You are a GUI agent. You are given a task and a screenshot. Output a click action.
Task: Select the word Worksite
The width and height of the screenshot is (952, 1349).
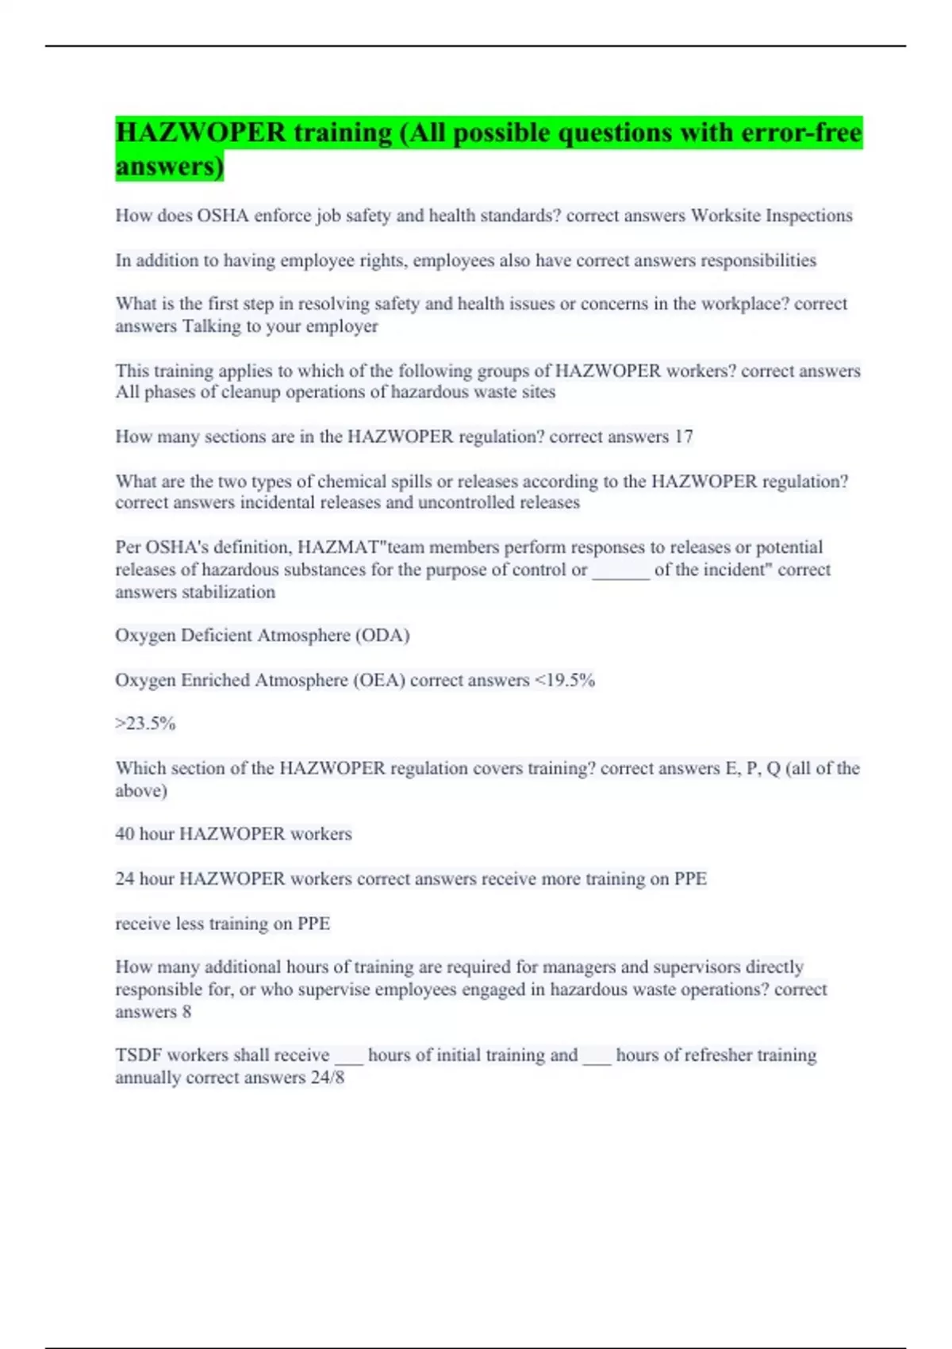pos(725,216)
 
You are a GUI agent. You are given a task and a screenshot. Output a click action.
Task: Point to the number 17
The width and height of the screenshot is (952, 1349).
pos(683,436)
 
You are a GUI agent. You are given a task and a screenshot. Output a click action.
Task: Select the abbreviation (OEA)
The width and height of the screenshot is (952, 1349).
pos(379,680)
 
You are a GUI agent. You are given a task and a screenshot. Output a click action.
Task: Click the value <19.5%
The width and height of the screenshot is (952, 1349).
pos(564,680)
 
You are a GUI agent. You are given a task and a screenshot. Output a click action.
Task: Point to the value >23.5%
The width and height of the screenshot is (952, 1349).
pos(145,724)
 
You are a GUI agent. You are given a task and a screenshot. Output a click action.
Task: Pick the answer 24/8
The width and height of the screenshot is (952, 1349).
pos(328,1078)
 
